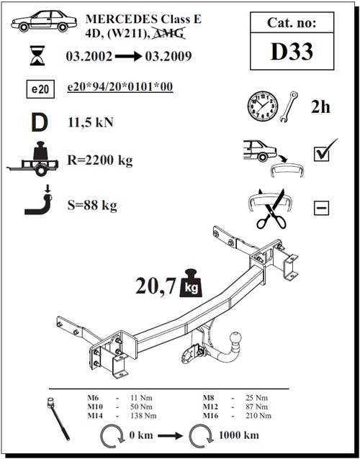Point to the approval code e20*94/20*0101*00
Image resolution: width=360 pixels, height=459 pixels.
(x=120, y=88)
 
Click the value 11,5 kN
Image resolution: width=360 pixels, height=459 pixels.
(x=91, y=123)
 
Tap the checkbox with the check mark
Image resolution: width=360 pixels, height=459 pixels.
(x=321, y=153)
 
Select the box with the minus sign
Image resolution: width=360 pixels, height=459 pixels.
(x=321, y=209)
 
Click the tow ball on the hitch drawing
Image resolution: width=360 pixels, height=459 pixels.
(x=235, y=339)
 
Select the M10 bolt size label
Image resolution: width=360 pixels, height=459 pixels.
(x=94, y=406)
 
